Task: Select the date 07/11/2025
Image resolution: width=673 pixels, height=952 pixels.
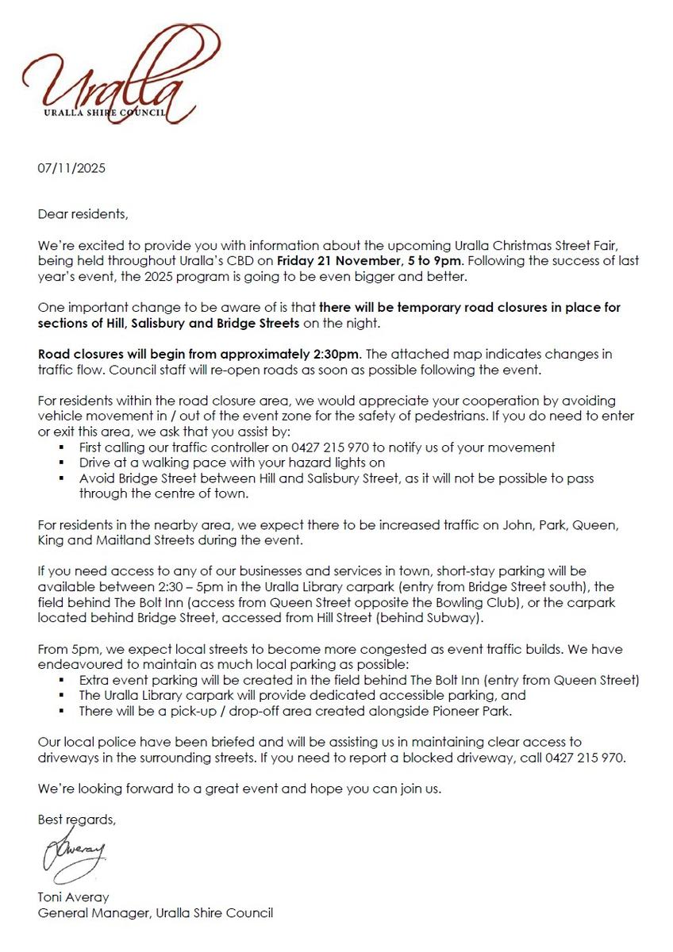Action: click(x=71, y=168)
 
